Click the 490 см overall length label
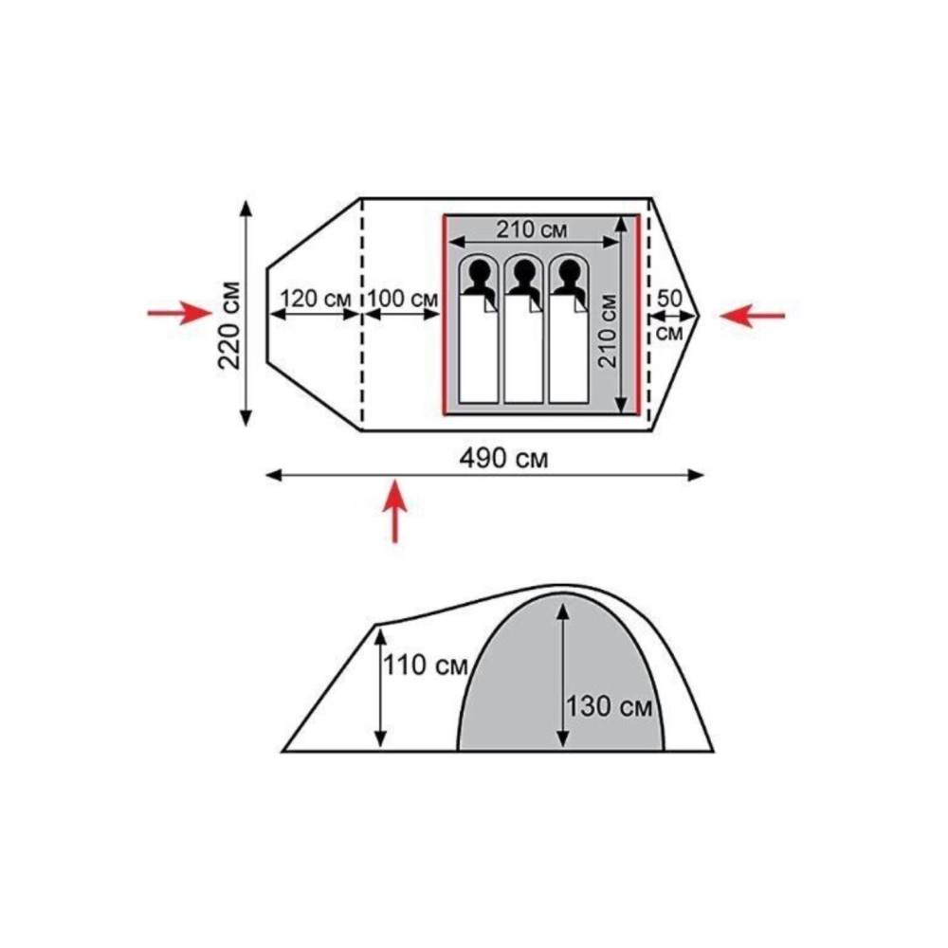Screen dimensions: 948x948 click(503, 459)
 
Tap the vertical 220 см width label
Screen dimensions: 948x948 click(230, 325)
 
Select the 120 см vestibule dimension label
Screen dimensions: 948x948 click(316, 298)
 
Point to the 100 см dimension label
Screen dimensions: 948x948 click(403, 298)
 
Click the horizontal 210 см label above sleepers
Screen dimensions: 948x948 click(532, 229)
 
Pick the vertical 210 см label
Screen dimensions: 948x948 click(607, 331)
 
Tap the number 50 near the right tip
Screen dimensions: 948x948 click(669, 298)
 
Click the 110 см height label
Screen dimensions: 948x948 click(426, 665)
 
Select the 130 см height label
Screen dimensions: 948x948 click(609, 705)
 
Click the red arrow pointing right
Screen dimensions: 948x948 click(179, 313)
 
